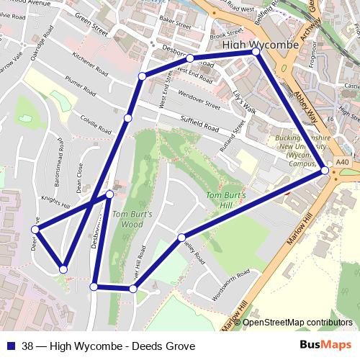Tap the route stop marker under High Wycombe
click(256, 53)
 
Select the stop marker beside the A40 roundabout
click(325, 171)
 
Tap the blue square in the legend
click(11, 346)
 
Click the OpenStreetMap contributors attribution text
click(297, 323)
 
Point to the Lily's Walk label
click(244, 100)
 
